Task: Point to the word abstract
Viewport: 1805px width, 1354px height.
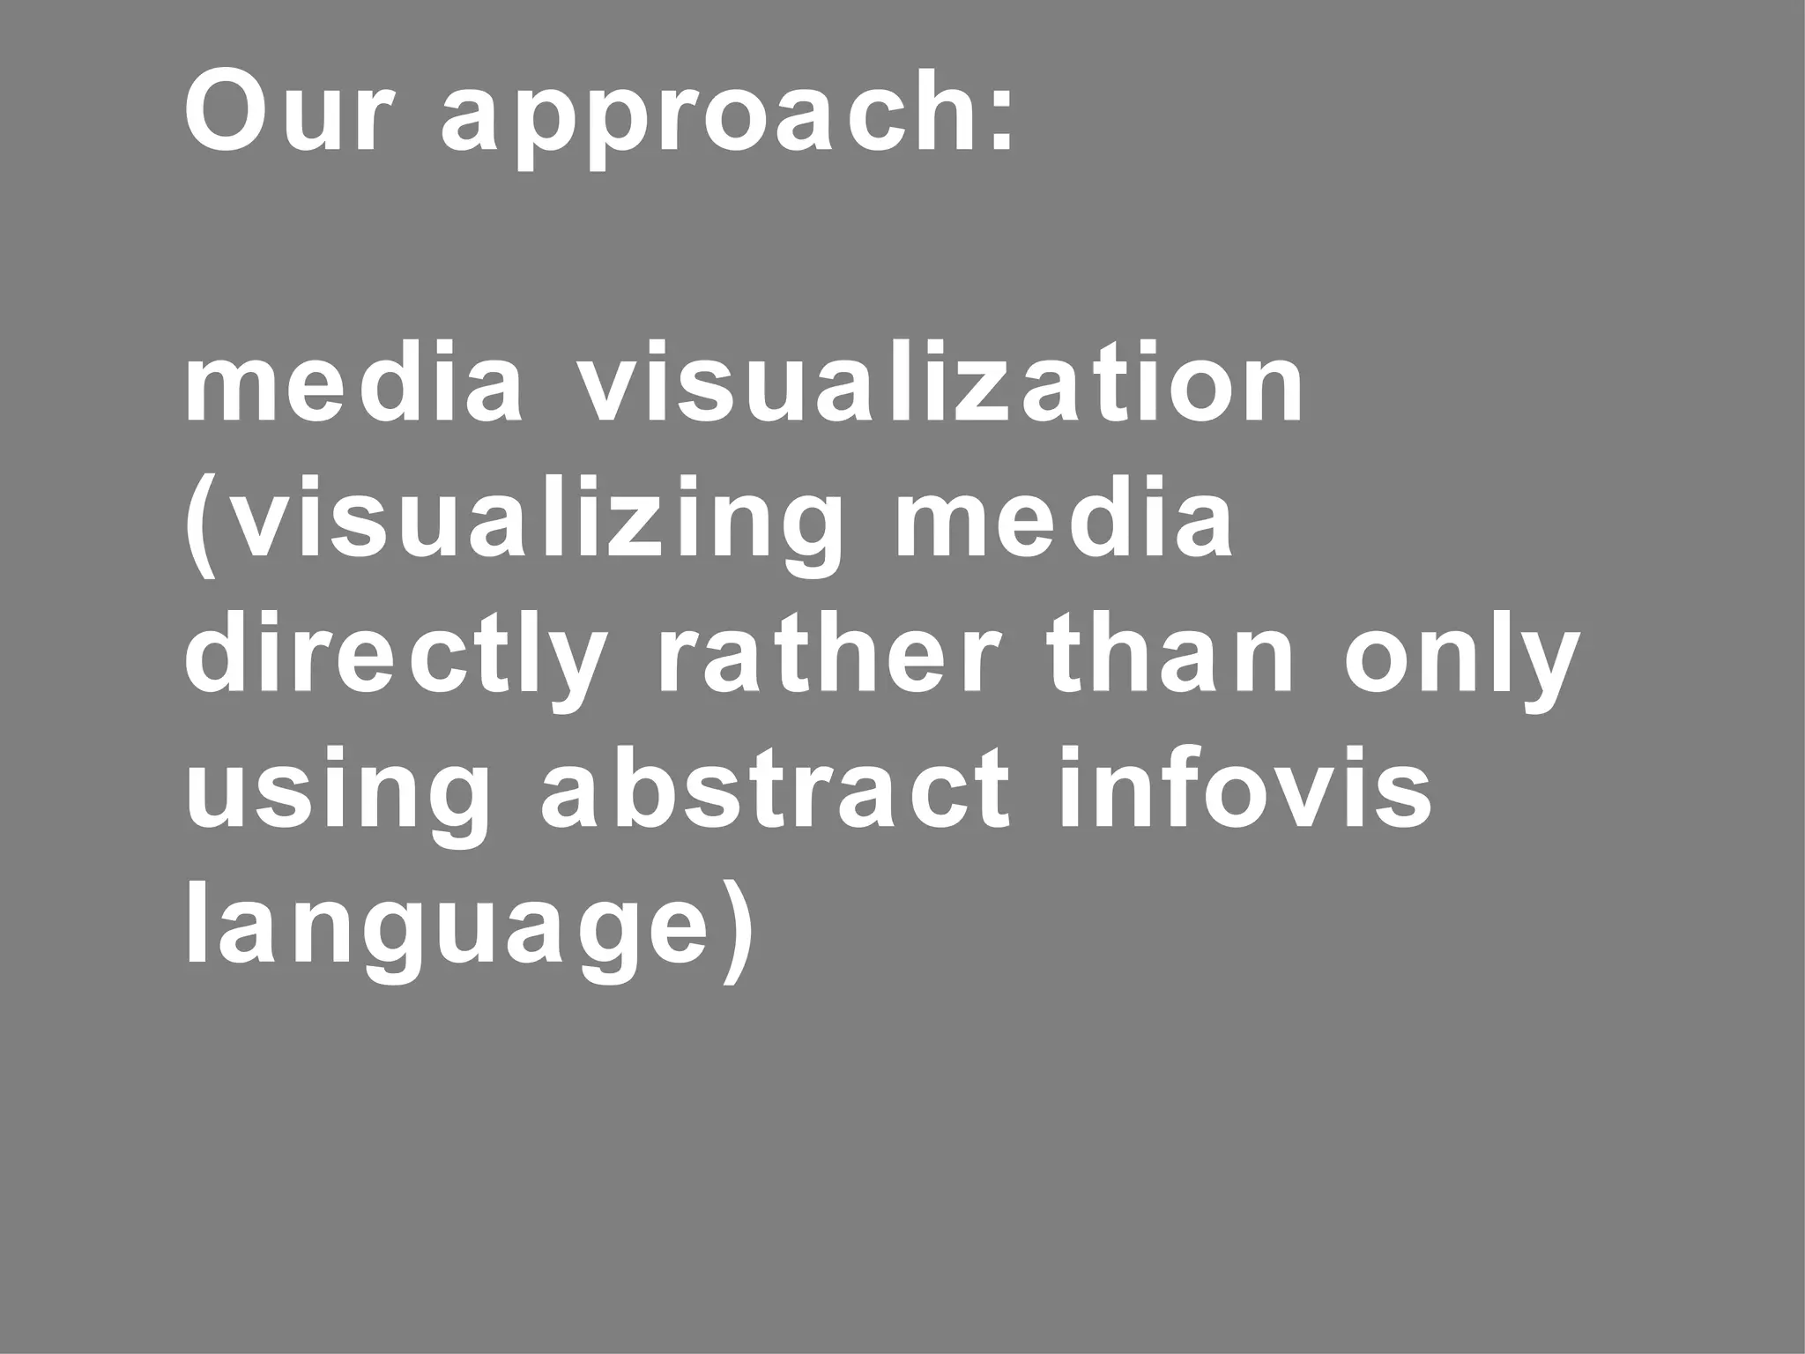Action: tap(776, 789)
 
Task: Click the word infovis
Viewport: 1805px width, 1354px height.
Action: tap(1244, 789)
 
